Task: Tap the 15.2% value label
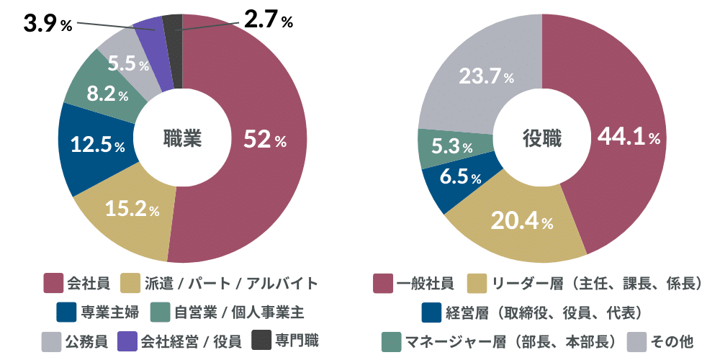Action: pos(132,210)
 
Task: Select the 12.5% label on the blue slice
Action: pos(97,145)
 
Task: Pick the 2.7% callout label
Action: pos(268,20)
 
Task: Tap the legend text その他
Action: pos(671,340)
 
